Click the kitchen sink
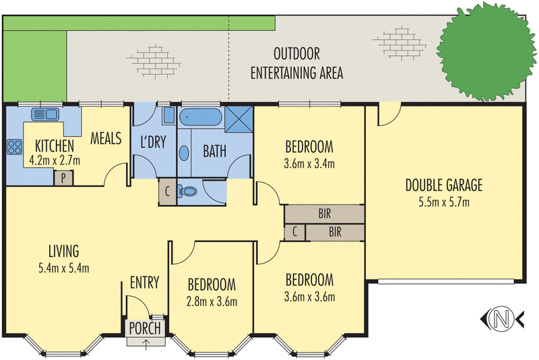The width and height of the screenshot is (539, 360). pyautogui.click(x=45, y=114)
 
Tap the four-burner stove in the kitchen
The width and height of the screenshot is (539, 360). pyautogui.click(x=14, y=147)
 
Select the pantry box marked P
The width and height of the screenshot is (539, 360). pyautogui.click(x=63, y=179)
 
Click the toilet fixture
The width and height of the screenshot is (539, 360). pyautogui.click(x=187, y=191)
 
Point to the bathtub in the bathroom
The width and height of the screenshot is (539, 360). pyautogui.click(x=201, y=117)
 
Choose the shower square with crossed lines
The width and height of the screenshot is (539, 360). pyautogui.click(x=239, y=119)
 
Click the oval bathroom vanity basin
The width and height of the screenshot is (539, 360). pyautogui.click(x=184, y=153)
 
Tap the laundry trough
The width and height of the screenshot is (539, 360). pyautogui.click(x=169, y=115)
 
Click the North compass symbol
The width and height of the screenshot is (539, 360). pyautogui.click(x=502, y=319)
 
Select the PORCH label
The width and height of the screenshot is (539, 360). pyautogui.click(x=145, y=328)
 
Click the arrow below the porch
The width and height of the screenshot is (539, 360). pyautogui.click(x=146, y=344)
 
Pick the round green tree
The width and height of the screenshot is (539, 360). pyautogui.click(x=486, y=52)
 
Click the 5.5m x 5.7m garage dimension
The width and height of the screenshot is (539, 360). pyautogui.click(x=444, y=202)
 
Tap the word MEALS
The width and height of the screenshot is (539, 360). pyautogui.click(x=106, y=138)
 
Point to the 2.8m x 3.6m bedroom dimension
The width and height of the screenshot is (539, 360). pyautogui.click(x=212, y=301)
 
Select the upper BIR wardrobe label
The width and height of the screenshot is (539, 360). pyautogui.click(x=325, y=214)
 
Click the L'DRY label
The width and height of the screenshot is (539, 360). pyautogui.click(x=154, y=142)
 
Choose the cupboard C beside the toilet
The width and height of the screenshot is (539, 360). pyautogui.click(x=167, y=191)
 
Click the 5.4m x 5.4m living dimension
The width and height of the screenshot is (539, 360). pyautogui.click(x=64, y=268)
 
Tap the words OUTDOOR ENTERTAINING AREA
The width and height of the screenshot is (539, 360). pyautogui.click(x=296, y=63)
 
